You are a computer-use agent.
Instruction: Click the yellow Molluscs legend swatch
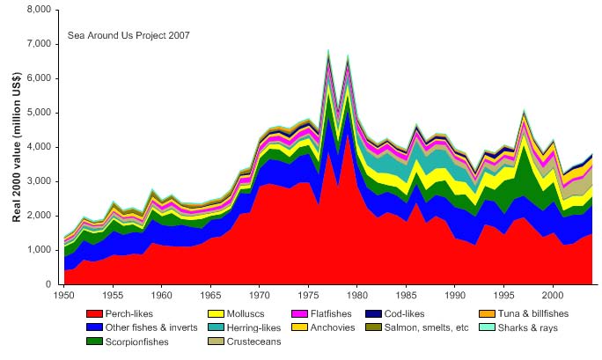[216, 313]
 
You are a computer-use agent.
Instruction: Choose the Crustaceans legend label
[255, 342]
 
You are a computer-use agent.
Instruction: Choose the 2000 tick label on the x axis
[553, 291]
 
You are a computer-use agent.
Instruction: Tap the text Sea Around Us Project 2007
[129, 36]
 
